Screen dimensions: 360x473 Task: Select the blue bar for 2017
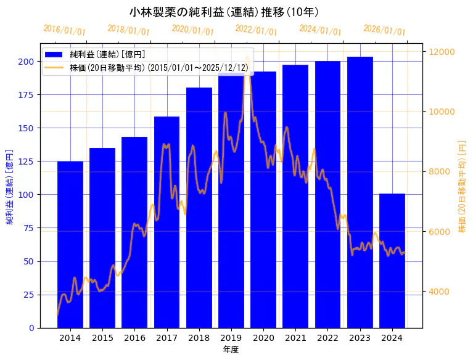click(x=167, y=222)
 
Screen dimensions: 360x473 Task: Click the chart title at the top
click(x=224, y=12)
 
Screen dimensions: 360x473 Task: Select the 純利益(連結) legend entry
click(x=107, y=55)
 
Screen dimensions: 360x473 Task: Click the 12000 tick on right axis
click(x=442, y=52)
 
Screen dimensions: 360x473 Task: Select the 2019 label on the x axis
click(x=231, y=338)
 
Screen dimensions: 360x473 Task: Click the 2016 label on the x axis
click(x=134, y=338)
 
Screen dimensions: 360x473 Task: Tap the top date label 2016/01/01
click(x=65, y=30)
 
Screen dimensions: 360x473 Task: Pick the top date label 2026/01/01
click(x=384, y=30)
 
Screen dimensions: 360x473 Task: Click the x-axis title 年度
click(x=231, y=350)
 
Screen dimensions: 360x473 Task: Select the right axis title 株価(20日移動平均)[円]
click(x=462, y=186)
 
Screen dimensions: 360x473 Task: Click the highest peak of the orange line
click(x=247, y=57)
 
